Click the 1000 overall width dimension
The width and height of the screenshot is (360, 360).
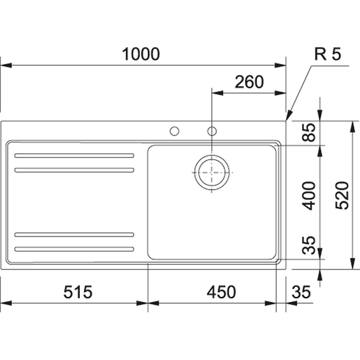click(141, 54)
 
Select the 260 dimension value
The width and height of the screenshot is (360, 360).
click(249, 82)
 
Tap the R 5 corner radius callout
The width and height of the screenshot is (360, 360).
click(328, 54)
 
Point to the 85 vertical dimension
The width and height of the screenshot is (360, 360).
click(309, 133)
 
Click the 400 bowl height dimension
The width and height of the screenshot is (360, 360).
click(309, 196)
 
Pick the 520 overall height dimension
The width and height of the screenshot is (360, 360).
click(342, 195)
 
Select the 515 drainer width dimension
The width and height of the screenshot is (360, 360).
click(77, 292)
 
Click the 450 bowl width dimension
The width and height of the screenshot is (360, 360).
click(221, 292)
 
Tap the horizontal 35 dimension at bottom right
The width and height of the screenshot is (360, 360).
click(301, 292)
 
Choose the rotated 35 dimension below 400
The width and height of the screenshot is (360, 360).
click(309, 245)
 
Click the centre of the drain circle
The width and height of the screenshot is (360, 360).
click(212, 172)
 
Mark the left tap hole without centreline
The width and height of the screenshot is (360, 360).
click(175, 131)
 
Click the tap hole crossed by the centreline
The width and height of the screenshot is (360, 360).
click(212, 131)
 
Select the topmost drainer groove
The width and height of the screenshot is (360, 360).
click(74, 156)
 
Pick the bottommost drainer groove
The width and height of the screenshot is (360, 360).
click(74, 249)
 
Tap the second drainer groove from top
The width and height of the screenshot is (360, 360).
click(74, 170)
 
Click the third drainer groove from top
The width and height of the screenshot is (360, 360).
click(74, 235)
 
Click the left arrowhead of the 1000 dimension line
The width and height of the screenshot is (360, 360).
click(5, 65)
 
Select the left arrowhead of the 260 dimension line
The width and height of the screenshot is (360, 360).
click(217, 93)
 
